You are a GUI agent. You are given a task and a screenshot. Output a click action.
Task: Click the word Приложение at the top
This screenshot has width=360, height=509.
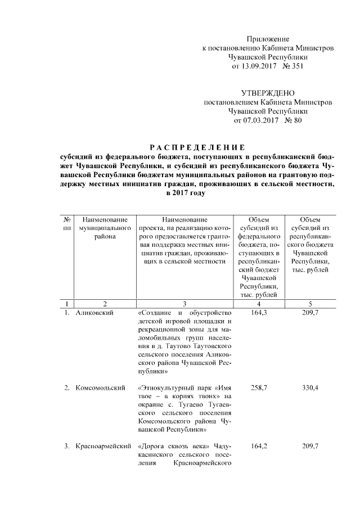tap(267, 39)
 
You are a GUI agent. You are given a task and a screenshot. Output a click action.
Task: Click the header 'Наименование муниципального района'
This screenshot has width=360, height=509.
tap(104, 228)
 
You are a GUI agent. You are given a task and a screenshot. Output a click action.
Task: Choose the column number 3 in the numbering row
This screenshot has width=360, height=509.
tap(184, 303)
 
